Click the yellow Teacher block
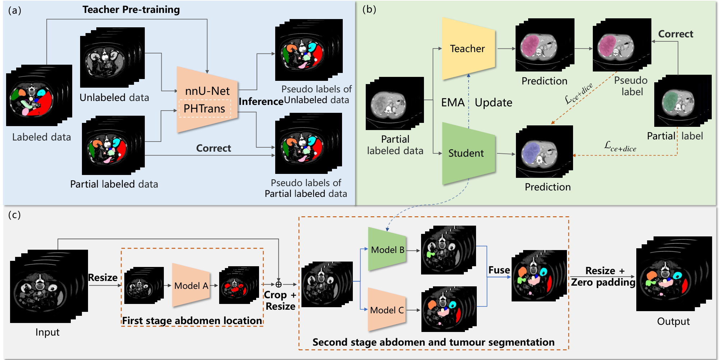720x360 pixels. pyautogui.click(x=468, y=49)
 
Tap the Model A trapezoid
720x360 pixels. pyautogui.click(x=191, y=285)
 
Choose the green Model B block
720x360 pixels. pyautogui.click(x=387, y=249)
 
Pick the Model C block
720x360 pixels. pyautogui.click(x=387, y=310)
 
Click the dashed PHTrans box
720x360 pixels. pyautogui.click(x=205, y=109)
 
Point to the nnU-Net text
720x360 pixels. pyautogui.click(x=207, y=91)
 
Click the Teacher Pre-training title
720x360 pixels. pyautogui.click(x=131, y=10)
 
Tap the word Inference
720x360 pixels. pyautogui.click(x=261, y=102)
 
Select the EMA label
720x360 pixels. pyautogui.click(x=453, y=102)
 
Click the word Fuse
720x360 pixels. pyautogui.click(x=499, y=270)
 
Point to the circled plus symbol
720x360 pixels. pyautogui.click(x=278, y=285)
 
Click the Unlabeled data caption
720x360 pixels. pyautogui.click(x=114, y=97)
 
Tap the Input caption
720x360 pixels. pyautogui.click(x=47, y=332)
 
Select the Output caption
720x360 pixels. pyautogui.click(x=673, y=321)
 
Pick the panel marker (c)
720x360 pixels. pyautogui.click(x=14, y=215)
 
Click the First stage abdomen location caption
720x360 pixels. pyautogui.click(x=192, y=320)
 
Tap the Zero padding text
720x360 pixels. pyautogui.click(x=603, y=282)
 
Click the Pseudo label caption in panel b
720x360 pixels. pyautogui.click(x=631, y=86)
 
